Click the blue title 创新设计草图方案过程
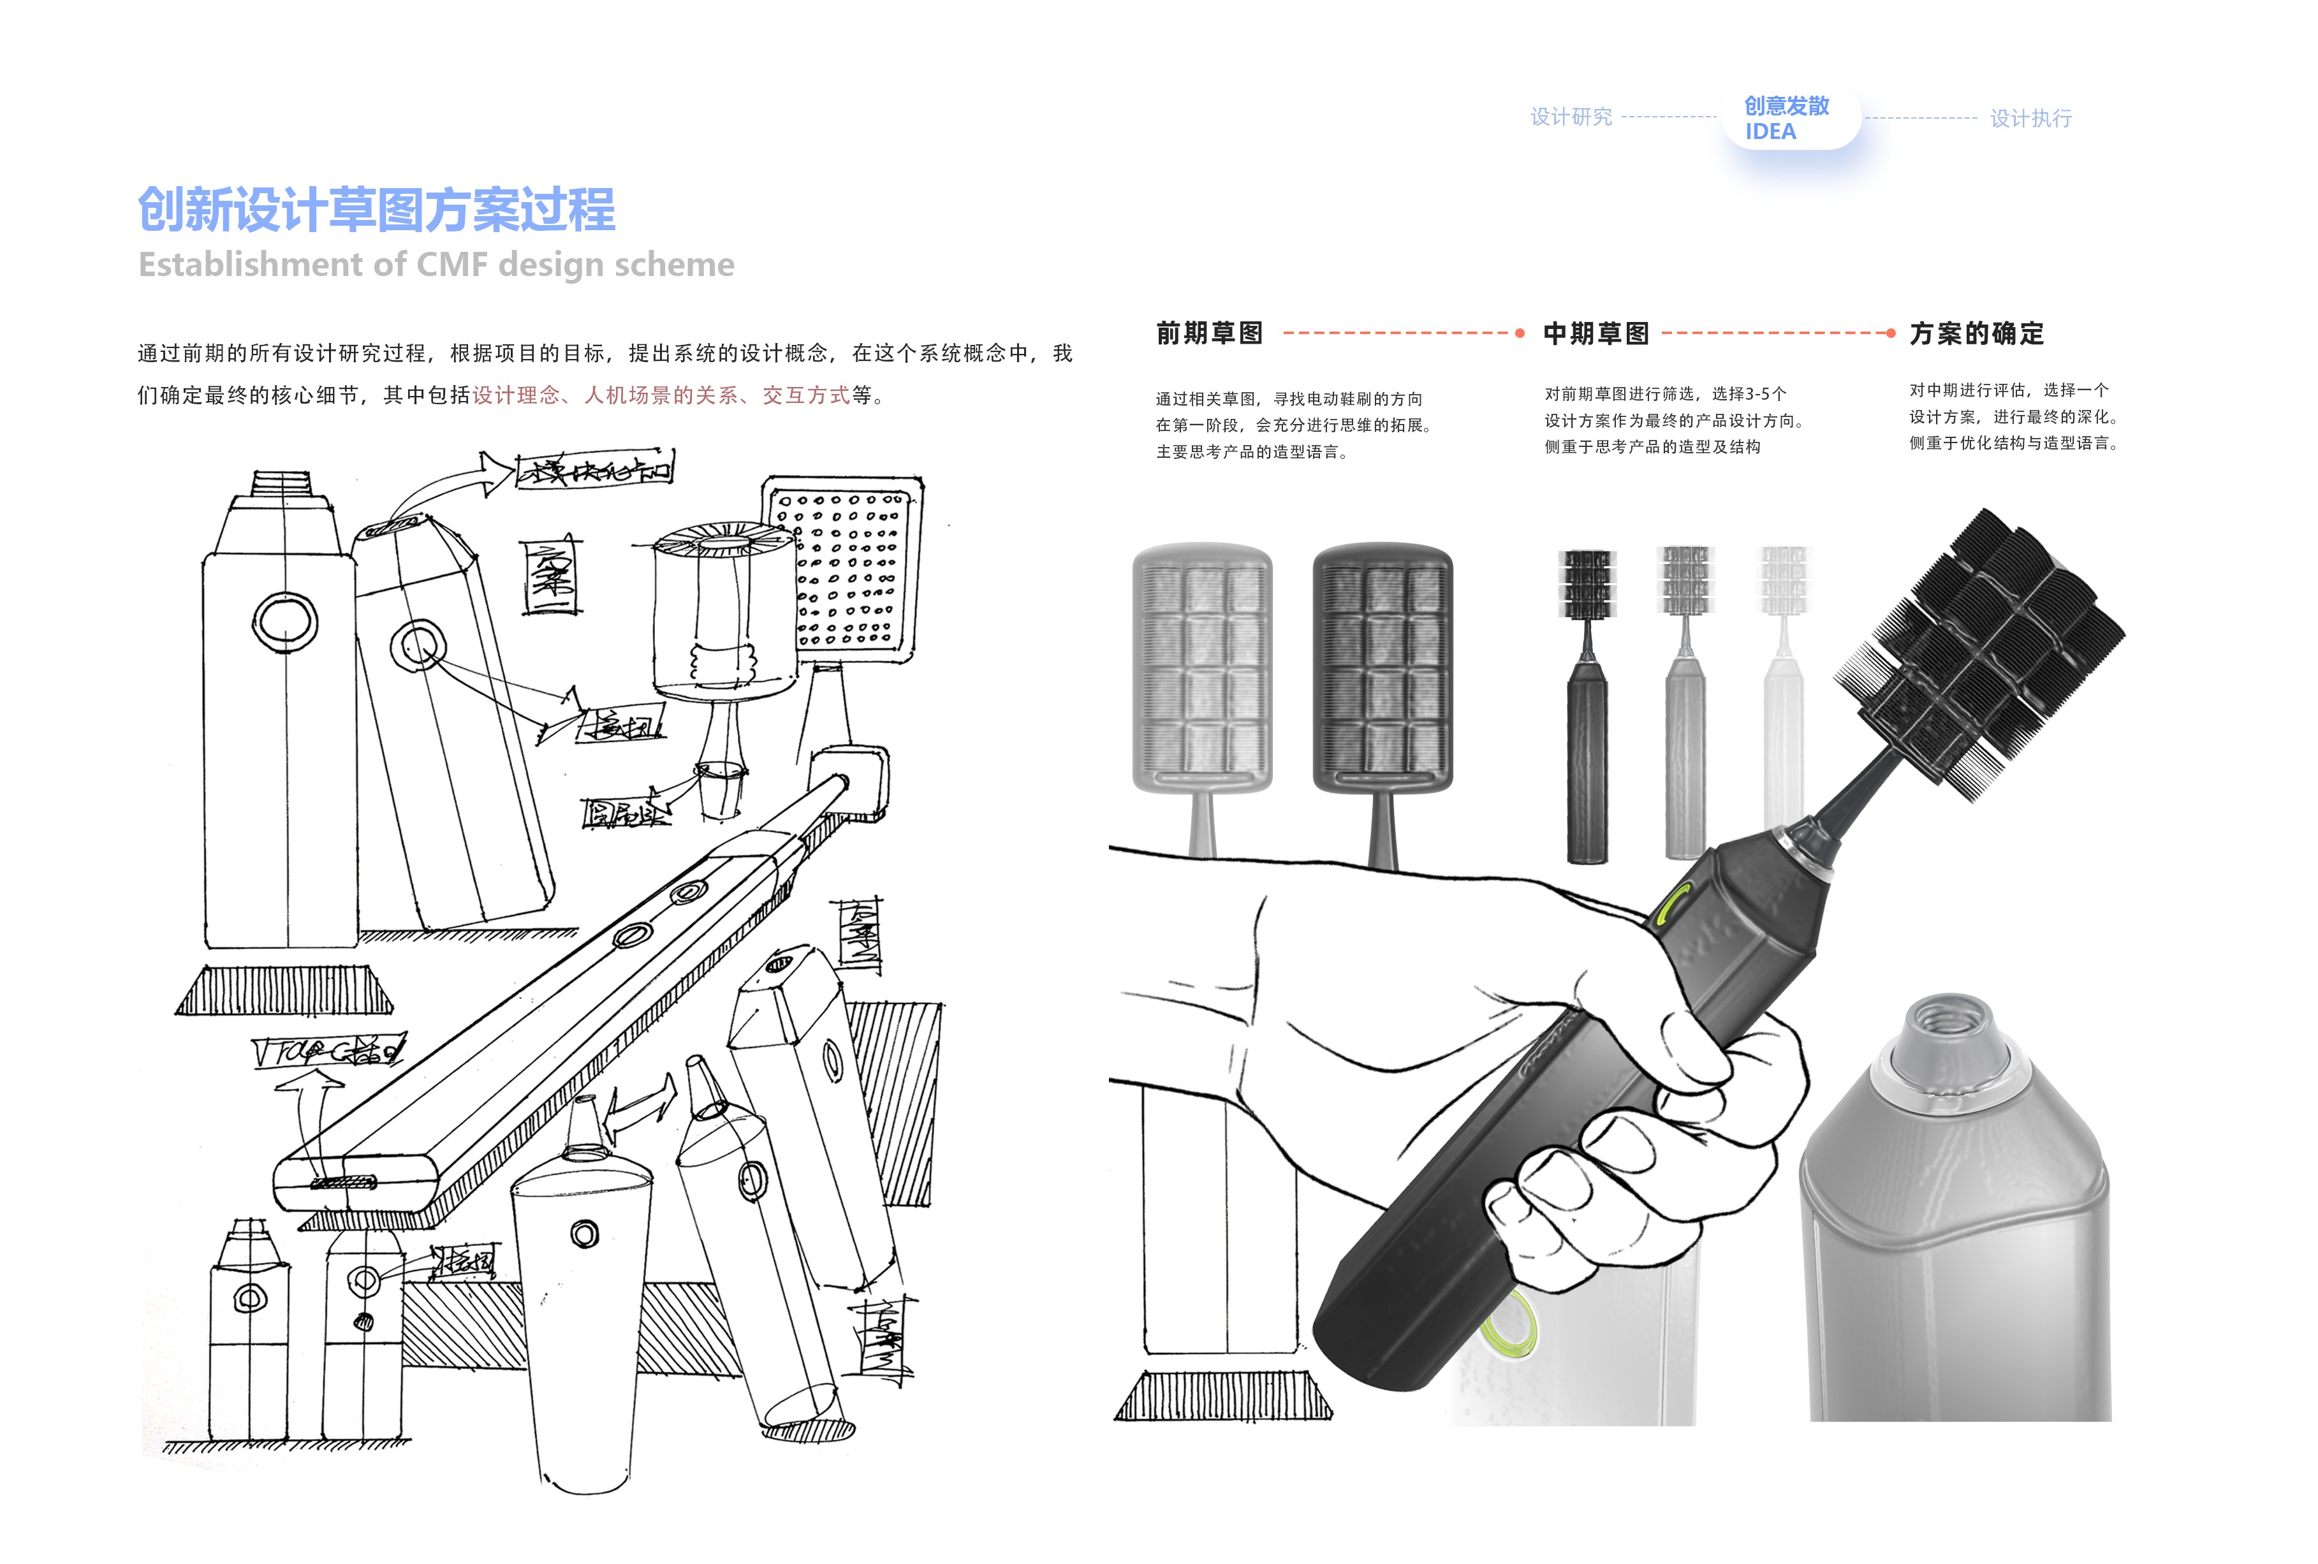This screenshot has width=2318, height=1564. coord(376,210)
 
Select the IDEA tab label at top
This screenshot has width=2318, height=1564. coord(1770,133)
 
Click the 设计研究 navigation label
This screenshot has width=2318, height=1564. coord(1571,118)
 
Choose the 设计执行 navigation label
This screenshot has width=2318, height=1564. coord(2031,119)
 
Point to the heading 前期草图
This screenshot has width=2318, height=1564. coord(1209,333)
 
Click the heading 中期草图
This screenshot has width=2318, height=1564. coord(1596,333)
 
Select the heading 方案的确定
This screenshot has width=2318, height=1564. coord(1977,333)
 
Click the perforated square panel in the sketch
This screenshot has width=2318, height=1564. coord(844,569)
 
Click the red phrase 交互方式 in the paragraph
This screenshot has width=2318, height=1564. coord(806,396)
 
